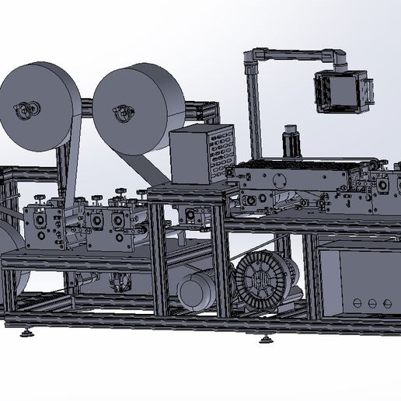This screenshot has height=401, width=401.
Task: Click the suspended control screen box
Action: click(340, 90)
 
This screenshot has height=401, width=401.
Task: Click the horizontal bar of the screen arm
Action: click(295, 54)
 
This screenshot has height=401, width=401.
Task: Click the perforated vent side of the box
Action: click(221, 155)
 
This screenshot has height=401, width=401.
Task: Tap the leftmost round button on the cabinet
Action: click(356, 302)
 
